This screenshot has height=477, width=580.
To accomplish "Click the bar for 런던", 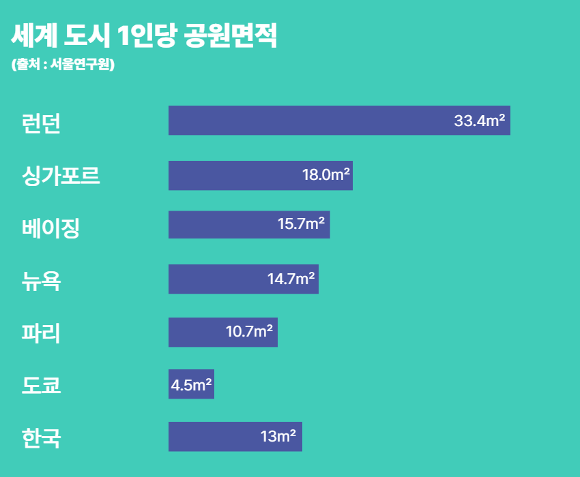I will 307,121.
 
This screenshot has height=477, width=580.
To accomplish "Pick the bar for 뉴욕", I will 218,279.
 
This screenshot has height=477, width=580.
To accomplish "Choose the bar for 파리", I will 198,333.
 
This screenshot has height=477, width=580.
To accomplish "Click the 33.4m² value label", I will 479,121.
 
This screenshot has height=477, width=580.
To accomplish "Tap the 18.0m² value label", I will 326,174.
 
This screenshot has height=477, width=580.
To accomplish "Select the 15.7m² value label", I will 301,224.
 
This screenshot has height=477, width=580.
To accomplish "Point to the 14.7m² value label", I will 291,278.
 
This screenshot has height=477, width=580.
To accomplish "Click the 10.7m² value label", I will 249,332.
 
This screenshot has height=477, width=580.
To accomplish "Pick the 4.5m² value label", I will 191,385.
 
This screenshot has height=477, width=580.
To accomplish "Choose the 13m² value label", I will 278,436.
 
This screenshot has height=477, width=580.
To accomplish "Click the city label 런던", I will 42,123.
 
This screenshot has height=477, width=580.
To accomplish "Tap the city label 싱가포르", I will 61,176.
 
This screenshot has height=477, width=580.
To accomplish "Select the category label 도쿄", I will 42,386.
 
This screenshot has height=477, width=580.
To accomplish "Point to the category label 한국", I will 42,437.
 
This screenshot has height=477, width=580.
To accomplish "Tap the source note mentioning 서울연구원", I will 63,65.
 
